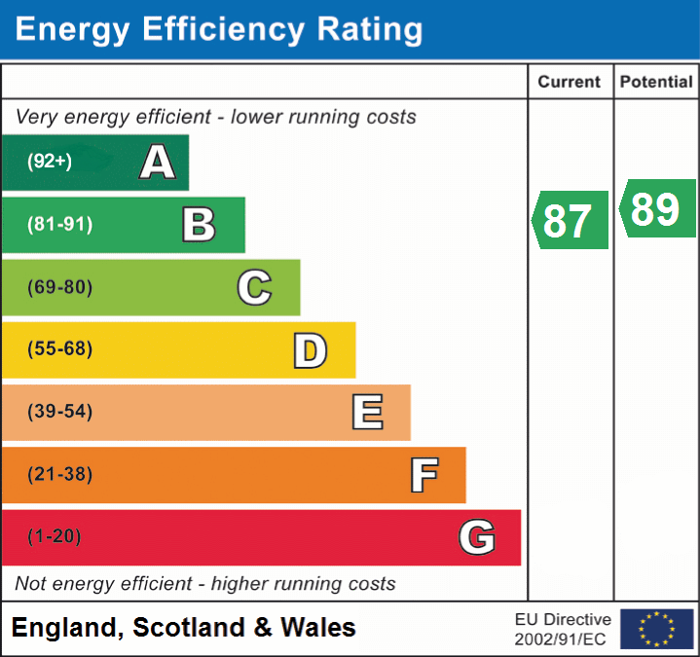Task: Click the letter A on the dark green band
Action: click(x=158, y=163)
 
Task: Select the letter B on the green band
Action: click(x=199, y=225)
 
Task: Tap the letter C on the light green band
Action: click(x=254, y=287)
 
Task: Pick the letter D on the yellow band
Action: click(x=310, y=350)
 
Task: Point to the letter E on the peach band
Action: click(x=366, y=413)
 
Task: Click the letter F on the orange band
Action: click(x=424, y=475)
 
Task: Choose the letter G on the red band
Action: click(x=477, y=537)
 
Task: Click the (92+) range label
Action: click(x=50, y=163)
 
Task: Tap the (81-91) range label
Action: click(x=59, y=225)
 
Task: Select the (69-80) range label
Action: click(x=59, y=287)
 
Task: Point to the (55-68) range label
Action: click(x=59, y=349)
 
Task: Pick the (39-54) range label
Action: click(x=59, y=412)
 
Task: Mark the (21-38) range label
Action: click(x=59, y=475)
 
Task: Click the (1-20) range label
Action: click(x=55, y=537)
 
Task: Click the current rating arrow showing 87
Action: click(x=571, y=220)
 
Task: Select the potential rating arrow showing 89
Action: click(x=657, y=208)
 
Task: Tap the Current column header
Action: click(x=570, y=83)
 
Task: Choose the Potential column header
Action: click(x=656, y=83)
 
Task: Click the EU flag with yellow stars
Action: click(x=657, y=629)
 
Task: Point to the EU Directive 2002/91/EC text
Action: click(x=563, y=629)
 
